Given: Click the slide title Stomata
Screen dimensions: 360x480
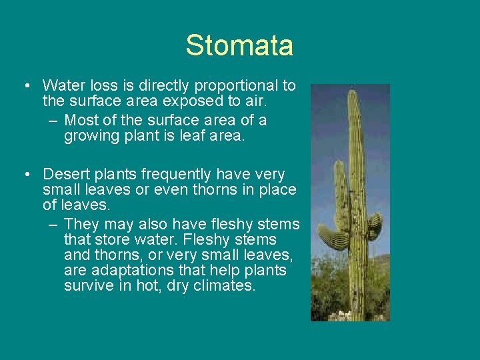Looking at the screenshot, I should click(239, 45).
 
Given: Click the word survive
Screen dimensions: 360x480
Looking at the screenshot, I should click(89, 287).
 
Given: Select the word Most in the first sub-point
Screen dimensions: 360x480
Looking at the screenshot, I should click(80, 121).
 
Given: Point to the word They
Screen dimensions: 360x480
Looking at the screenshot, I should click(81, 224).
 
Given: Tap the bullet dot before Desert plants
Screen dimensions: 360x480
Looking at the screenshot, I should click(25, 175).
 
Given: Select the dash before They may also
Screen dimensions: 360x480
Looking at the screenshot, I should click(53, 224).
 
